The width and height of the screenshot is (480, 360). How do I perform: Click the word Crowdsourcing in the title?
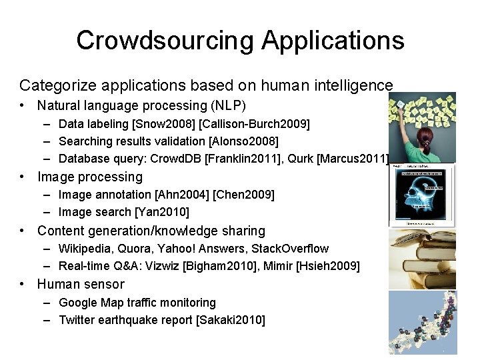pos(165,40)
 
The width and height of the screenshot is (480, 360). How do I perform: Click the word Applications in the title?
pos(333,40)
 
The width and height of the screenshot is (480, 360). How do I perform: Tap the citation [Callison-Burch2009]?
pos(253,123)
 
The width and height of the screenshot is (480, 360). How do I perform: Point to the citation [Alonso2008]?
pos(243,141)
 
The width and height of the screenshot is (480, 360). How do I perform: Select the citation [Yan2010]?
pos(162,212)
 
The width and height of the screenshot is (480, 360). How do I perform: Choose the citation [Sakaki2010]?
pos(230,320)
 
